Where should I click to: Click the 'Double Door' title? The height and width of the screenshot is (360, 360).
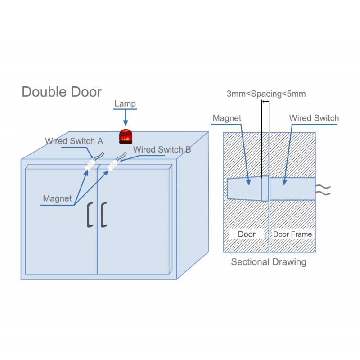pos(62,92)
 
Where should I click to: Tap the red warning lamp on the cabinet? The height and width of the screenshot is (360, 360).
pos(125,137)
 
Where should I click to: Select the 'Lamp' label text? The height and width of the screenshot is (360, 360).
pos(125,104)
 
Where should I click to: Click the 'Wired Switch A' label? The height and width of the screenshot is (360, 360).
pos(74,141)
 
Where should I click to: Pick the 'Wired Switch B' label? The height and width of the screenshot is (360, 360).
pos(162,149)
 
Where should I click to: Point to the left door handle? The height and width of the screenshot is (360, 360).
pos(90,215)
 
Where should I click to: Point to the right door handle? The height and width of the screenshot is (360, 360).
pos(104,215)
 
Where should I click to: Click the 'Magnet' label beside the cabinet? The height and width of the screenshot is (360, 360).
pos(57,198)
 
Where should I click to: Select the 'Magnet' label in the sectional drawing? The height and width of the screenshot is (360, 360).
pos(227,118)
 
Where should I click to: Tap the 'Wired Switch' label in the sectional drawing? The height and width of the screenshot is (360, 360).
pos(314,118)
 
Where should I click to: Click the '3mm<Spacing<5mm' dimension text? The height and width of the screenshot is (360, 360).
pos(266,94)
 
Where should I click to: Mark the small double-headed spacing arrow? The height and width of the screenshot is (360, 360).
pos(265,102)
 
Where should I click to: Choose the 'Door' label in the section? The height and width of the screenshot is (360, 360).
pos(246,234)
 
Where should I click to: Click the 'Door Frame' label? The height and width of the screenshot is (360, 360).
pos(292,234)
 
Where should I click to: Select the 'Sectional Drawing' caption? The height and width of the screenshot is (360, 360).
pos(269,262)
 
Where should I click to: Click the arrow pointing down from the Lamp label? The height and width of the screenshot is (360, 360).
pos(125,118)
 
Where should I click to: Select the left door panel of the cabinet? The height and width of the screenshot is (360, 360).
pos(61,220)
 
